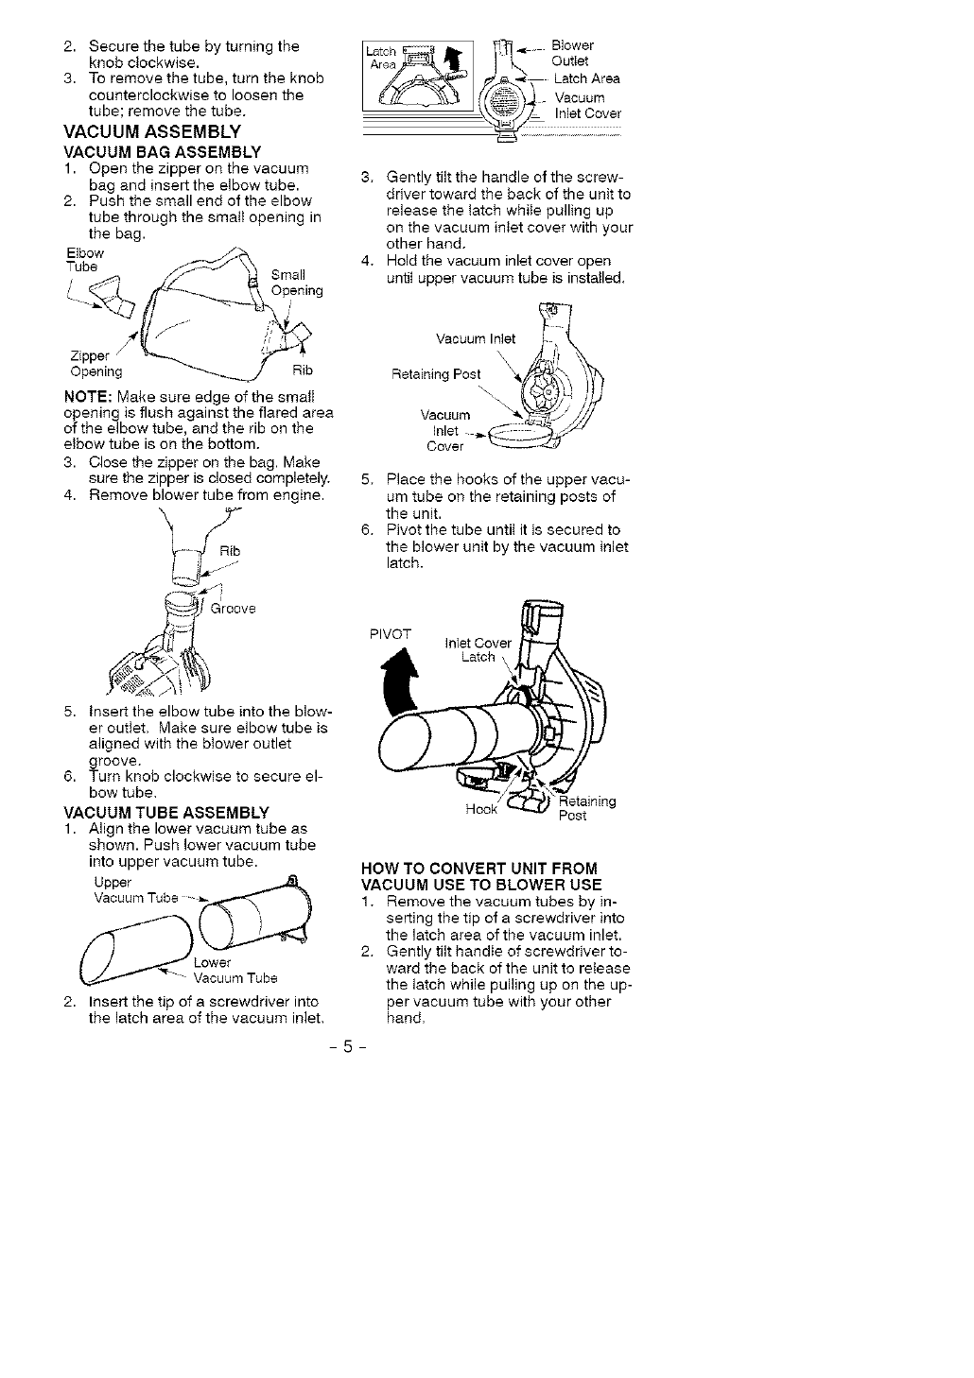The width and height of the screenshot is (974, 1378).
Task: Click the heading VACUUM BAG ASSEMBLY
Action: [162, 151]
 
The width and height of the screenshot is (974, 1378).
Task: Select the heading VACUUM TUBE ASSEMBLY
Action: [165, 812]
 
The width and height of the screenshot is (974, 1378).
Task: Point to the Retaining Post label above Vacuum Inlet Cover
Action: [436, 374]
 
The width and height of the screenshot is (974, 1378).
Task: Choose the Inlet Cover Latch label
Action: [478, 650]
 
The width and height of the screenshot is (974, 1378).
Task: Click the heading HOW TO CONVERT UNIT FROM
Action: [481, 869]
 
